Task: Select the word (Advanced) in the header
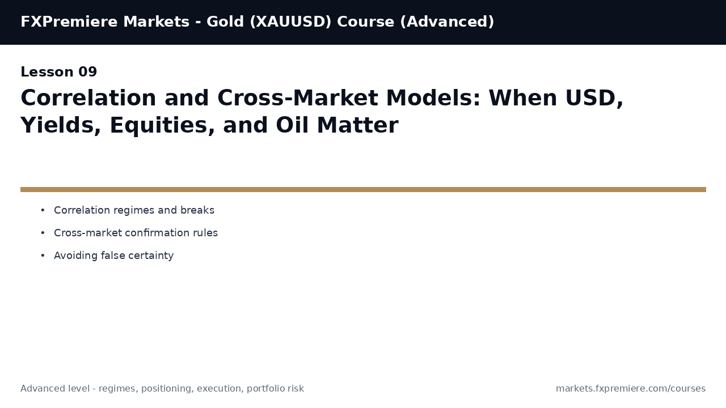[x=447, y=22]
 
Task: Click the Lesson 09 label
[x=59, y=73]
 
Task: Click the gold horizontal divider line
[x=363, y=189]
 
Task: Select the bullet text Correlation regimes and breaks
[x=134, y=210]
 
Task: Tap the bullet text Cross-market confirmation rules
[x=136, y=233]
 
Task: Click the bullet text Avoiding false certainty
[x=113, y=256]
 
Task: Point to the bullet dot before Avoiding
[x=43, y=256]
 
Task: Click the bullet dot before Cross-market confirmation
[x=43, y=233]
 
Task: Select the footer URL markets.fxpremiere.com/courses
[x=630, y=389]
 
